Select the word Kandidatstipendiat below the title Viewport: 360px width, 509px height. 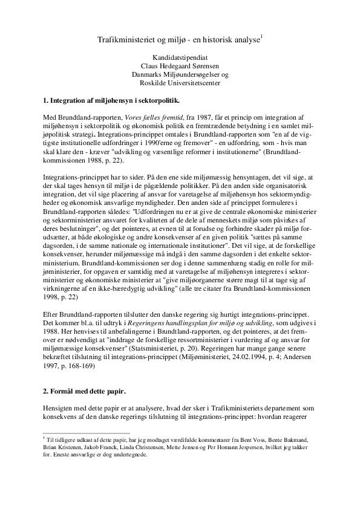tap(180, 58)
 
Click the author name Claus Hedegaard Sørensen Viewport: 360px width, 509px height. tap(180, 66)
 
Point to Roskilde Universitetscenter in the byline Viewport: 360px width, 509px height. tap(180, 83)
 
